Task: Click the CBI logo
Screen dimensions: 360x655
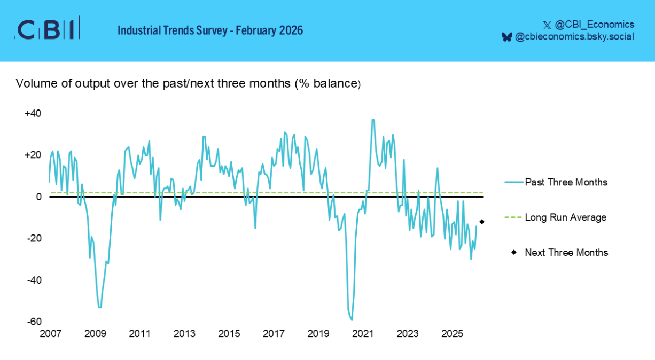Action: [x=47, y=29]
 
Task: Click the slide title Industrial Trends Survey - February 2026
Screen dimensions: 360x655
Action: [x=210, y=30]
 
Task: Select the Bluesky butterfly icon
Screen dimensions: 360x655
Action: [x=506, y=37]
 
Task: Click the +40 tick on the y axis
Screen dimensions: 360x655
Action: [x=33, y=114]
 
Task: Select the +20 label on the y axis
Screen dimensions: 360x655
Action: [x=33, y=155]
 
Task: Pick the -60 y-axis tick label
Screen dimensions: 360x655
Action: [x=34, y=322]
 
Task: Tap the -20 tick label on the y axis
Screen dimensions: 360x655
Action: [x=34, y=238]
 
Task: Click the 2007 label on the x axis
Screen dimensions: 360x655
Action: [x=50, y=334]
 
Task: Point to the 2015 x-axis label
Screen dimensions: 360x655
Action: [x=229, y=334]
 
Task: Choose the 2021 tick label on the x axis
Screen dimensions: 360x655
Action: [x=363, y=334]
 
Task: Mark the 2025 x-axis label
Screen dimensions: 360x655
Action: [x=453, y=334]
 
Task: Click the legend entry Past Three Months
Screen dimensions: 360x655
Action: [x=566, y=182]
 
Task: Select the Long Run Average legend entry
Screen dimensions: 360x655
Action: [x=565, y=217]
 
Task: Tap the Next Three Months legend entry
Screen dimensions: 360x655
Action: [x=566, y=253]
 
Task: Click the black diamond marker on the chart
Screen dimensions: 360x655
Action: [x=482, y=222]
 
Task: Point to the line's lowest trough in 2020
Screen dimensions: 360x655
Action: [x=352, y=320]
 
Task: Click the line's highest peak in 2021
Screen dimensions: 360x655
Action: [x=373, y=120]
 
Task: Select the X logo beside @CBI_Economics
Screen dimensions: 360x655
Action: [x=547, y=25]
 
